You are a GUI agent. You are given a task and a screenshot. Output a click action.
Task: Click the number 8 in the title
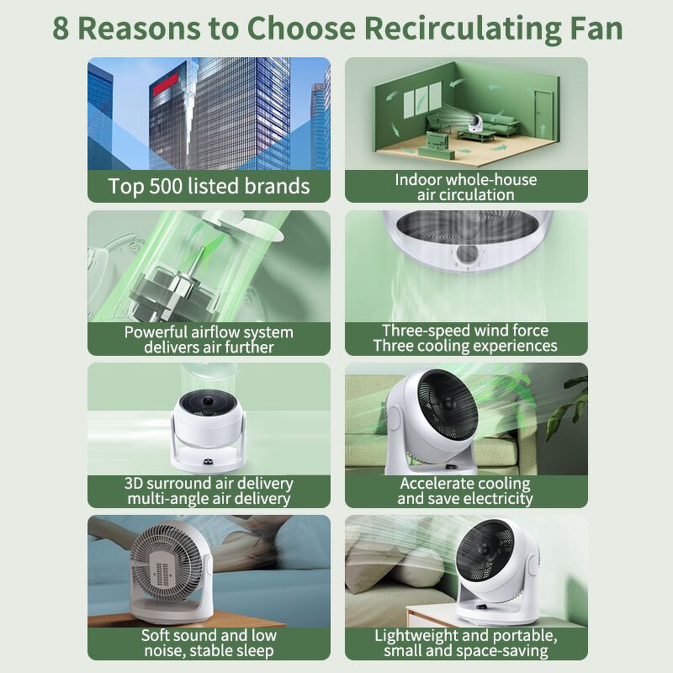pos(61,28)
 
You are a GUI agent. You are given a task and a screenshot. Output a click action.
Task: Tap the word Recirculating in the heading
pos(443,28)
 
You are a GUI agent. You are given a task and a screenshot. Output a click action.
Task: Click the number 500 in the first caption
pos(173,186)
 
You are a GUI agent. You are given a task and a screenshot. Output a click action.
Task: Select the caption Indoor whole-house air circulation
pos(466,187)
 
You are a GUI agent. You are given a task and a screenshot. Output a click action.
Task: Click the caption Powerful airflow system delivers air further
pos(209,339)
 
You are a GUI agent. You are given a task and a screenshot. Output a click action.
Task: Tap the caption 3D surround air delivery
pos(209,484)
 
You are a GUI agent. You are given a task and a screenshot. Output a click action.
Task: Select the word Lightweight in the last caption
pos(418,635)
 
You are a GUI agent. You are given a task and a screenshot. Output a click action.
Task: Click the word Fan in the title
pos(594,28)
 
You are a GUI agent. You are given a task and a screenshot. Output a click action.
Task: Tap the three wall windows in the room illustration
pos(421,100)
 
